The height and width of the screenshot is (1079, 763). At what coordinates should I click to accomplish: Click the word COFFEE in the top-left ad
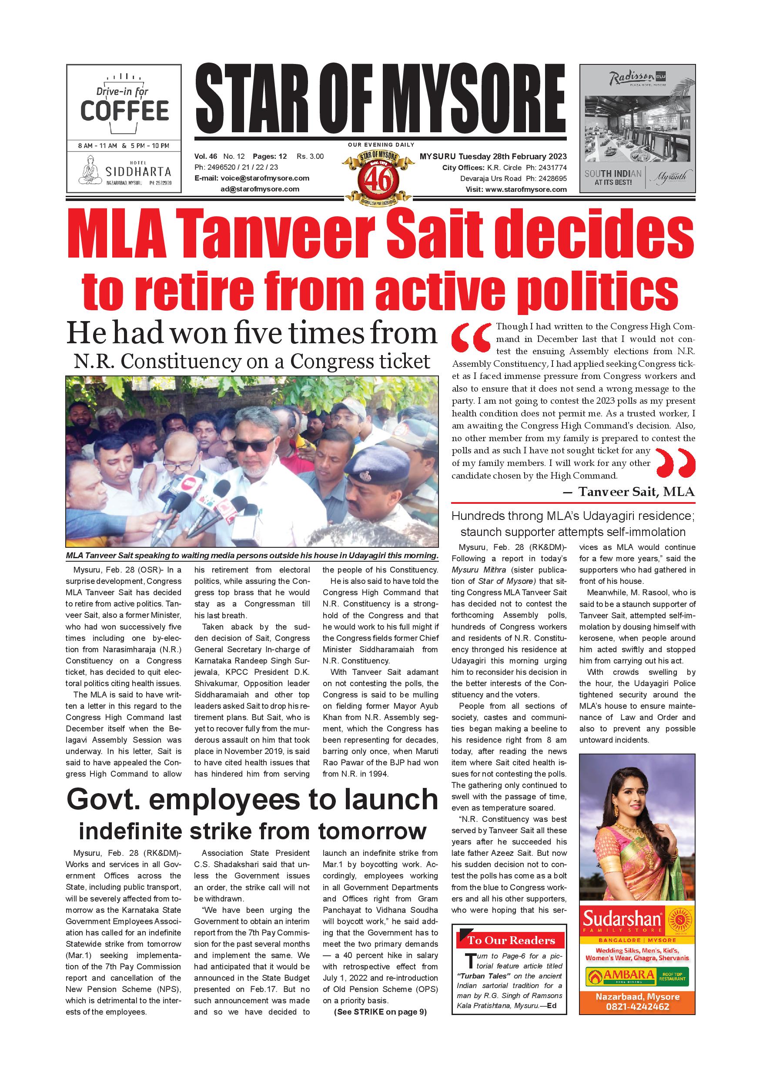[x=124, y=111]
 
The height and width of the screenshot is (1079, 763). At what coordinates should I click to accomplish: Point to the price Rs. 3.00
[x=310, y=157]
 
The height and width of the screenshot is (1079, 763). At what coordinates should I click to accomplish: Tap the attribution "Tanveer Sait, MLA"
[x=636, y=492]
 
